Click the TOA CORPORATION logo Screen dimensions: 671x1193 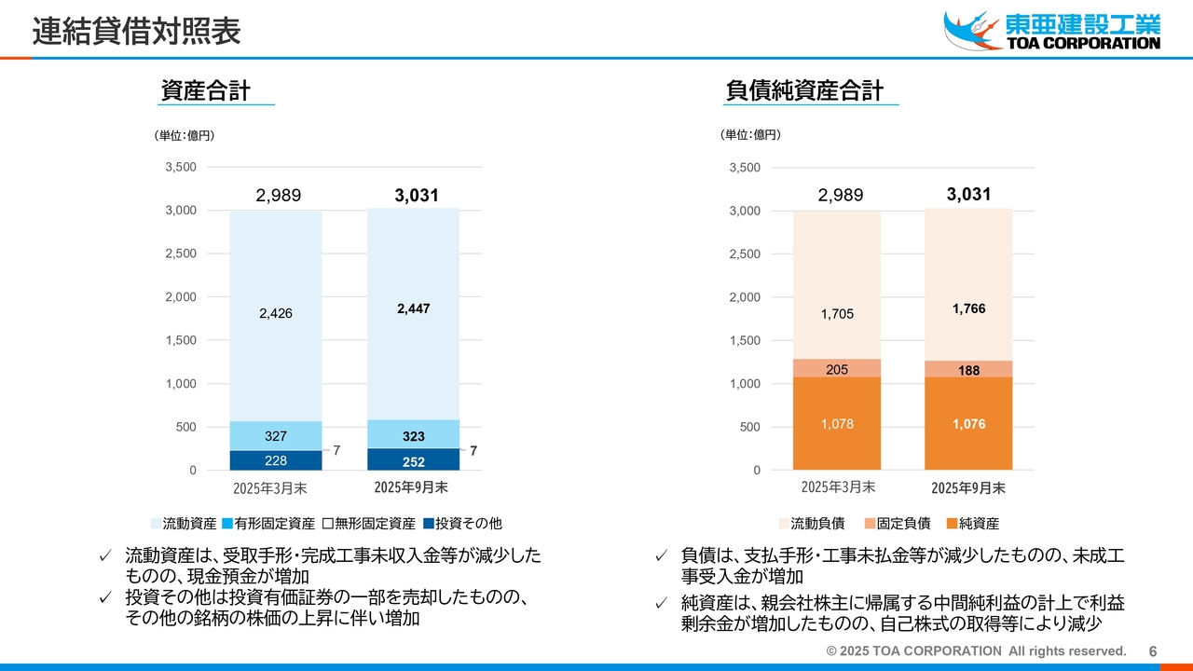1052,30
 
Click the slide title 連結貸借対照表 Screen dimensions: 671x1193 137,32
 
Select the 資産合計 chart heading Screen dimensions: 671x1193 205,91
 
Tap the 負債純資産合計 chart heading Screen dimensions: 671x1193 803,91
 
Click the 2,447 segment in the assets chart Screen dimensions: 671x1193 413,308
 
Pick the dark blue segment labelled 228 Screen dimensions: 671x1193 276,460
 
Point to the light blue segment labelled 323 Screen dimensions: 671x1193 413,436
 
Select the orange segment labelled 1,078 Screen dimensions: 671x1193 836,424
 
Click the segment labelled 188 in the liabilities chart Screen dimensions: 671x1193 968,370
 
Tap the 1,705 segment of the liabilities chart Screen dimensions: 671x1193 836,314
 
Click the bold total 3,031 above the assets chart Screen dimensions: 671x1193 415,196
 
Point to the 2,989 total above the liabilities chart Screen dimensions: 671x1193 840,196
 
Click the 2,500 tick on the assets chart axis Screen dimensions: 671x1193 181,253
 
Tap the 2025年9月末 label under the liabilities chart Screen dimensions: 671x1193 968,488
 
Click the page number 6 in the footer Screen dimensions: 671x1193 1153,651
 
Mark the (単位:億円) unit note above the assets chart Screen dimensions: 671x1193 185,136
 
